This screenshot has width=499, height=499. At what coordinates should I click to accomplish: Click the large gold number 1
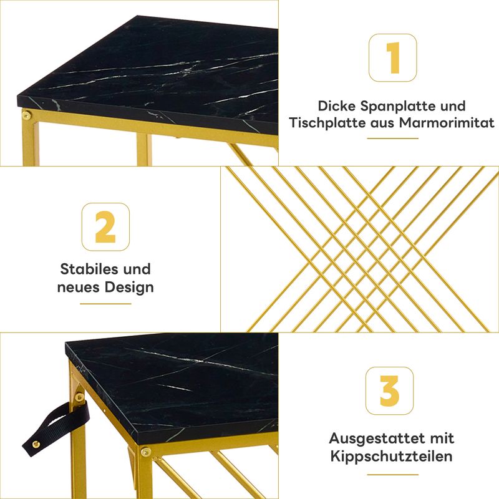tap(394, 58)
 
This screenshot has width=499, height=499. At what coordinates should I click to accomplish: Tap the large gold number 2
tap(105, 227)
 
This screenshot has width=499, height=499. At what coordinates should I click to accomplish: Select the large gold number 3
tap(389, 391)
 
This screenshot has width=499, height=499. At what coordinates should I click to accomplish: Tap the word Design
tap(129, 288)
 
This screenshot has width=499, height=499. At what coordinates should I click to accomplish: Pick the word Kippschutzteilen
tap(392, 457)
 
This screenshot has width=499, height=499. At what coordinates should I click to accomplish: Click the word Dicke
tap(337, 106)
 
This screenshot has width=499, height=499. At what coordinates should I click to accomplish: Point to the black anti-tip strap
tap(55, 424)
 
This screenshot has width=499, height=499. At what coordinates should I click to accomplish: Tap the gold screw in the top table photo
tap(26, 115)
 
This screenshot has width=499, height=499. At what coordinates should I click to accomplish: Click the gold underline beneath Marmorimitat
tap(392, 138)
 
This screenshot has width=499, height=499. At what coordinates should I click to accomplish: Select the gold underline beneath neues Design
tap(105, 304)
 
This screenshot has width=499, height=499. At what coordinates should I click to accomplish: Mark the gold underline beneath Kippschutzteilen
tap(392, 475)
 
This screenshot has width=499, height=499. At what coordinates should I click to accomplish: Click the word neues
tap(79, 288)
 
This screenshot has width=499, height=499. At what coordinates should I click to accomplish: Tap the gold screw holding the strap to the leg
tap(80, 397)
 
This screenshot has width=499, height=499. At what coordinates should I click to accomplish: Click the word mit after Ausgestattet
tap(442, 438)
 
